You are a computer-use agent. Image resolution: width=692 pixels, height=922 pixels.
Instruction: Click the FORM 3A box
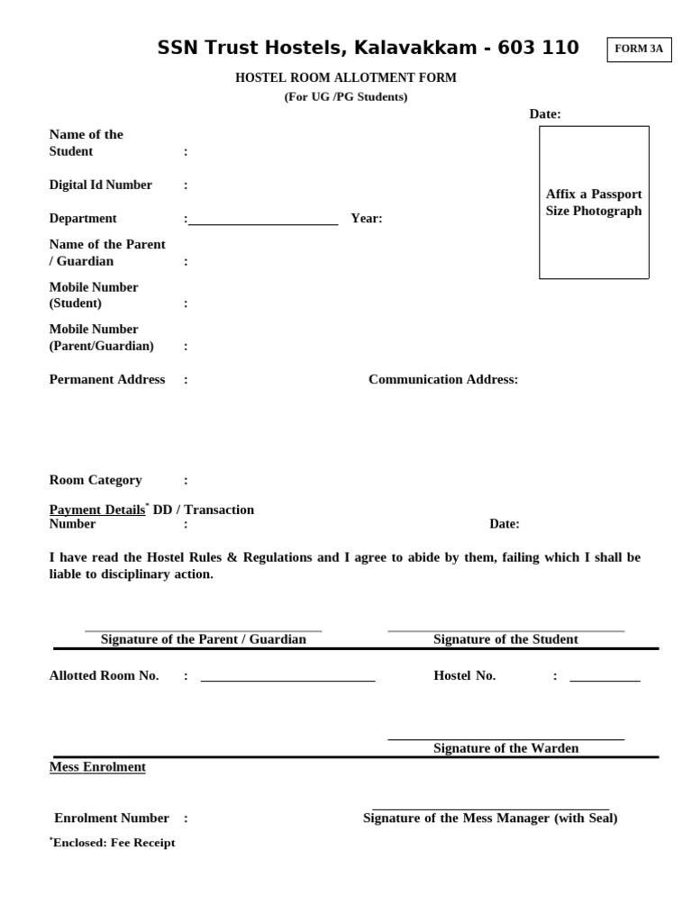[x=640, y=50]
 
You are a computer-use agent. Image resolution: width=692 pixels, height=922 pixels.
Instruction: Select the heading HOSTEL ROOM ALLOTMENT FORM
[x=346, y=78]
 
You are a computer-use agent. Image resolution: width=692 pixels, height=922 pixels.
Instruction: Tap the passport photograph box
[x=594, y=203]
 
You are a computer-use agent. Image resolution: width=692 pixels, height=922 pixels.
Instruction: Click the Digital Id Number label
[x=101, y=185]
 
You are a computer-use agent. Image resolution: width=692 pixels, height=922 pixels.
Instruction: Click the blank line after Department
[x=263, y=223]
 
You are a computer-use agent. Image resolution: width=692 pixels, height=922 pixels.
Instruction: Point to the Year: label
[x=367, y=219]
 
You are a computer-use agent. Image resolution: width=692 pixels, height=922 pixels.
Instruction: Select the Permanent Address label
[x=107, y=379]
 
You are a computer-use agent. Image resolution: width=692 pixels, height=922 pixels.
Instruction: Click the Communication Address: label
[x=443, y=379]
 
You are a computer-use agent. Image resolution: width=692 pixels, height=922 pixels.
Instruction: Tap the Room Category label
[x=96, y=480]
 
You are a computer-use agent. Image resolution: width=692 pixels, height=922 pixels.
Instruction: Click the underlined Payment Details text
[x=97, y=510]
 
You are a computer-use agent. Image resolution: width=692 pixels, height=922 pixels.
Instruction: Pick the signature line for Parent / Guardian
[x=203, y=631]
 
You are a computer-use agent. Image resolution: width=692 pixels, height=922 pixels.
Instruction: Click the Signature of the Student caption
[x=505, y=639]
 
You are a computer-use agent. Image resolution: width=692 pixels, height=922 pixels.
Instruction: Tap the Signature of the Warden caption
[x=505, y=748]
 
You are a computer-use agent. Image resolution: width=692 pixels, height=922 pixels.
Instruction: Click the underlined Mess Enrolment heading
[x=97, y=767]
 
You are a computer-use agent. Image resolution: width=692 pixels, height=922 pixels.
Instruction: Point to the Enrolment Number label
[x=112, y=818]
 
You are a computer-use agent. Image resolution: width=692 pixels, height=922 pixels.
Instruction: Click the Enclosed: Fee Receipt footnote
[x=113, y=843]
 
